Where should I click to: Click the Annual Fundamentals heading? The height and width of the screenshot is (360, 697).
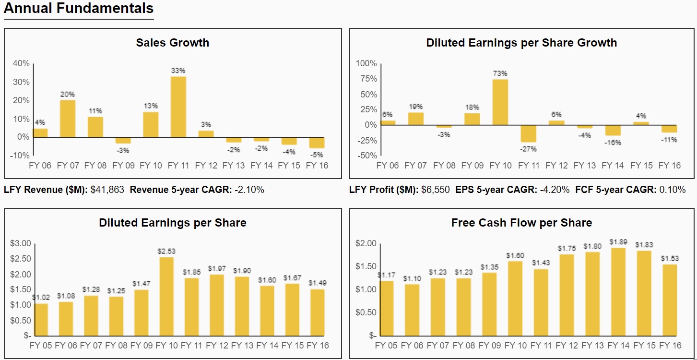point(79,8)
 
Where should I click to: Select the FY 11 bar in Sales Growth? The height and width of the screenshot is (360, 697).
point(178,107)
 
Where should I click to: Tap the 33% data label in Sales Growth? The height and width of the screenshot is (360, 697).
point(178,71)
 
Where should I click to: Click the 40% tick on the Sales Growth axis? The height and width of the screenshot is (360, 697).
point(21,63)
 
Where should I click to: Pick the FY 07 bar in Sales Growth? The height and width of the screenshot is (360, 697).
point(67,119)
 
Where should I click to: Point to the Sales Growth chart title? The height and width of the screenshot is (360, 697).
point(172,43)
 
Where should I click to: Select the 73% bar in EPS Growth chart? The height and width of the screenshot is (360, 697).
point(500,102)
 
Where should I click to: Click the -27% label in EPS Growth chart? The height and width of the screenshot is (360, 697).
point(528,149)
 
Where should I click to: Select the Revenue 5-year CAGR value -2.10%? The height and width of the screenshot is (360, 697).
point(249,190)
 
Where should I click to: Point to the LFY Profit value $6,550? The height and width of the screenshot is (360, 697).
point(436,190)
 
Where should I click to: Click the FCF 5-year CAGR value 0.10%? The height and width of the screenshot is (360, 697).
point(672,190)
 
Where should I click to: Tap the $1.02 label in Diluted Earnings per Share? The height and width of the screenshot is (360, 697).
point(41,298)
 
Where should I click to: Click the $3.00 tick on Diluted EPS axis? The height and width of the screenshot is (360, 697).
point(20,243)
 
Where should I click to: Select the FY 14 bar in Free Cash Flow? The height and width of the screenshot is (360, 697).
point(618,292)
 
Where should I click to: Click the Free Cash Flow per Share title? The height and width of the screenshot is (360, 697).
point(521,223)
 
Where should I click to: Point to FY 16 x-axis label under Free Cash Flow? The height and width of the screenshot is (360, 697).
point(670,346)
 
